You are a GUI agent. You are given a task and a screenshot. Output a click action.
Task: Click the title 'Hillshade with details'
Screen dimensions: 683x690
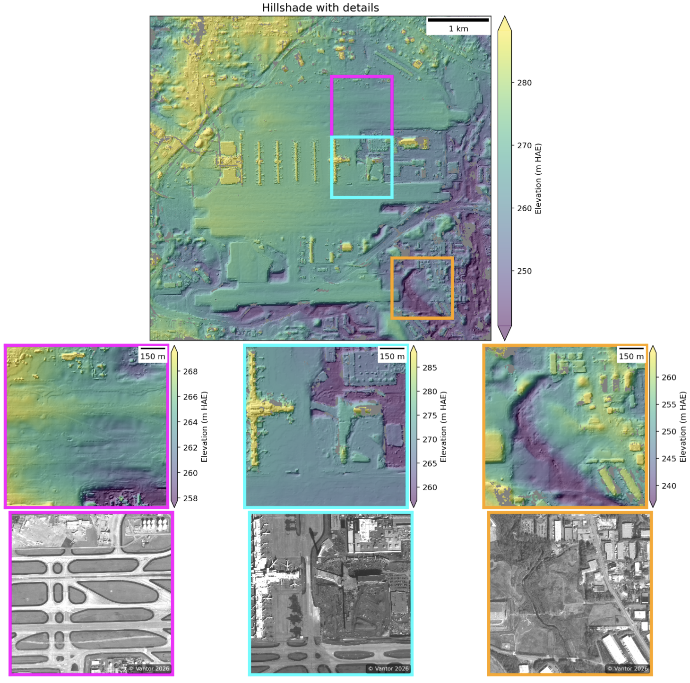[320, 8]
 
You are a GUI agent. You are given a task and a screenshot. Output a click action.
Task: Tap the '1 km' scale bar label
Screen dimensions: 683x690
[458, 29]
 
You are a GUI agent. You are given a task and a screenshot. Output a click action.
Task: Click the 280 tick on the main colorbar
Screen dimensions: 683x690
[524, 83]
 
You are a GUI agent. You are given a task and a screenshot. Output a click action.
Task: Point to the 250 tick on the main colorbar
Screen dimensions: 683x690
[524, 271]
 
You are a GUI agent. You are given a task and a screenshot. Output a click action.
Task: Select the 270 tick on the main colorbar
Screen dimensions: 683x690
[524, 145]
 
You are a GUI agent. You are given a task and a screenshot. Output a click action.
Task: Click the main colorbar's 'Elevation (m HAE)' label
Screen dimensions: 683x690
[538, 179]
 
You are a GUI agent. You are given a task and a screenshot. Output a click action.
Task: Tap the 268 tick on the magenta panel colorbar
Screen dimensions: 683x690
[190, 371]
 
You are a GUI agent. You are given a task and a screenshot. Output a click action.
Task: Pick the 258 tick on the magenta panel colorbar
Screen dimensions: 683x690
[190, 498]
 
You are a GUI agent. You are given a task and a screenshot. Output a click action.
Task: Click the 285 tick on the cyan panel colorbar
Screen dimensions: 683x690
[430, 367]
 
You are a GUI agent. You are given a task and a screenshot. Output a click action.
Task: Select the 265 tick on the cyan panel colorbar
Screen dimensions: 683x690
[430, 463]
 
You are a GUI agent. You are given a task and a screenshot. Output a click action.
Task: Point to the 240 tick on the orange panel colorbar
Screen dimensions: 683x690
[669, 486]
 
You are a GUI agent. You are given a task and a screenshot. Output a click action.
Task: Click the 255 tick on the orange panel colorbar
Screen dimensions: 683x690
[669, 404]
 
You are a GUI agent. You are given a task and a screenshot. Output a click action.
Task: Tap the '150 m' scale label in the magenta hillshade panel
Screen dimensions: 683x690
[153, 357]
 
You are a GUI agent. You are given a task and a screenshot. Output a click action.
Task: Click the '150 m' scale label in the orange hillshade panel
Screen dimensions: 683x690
[631, 357]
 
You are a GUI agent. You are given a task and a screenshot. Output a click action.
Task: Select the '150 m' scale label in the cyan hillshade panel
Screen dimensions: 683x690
[392, 357]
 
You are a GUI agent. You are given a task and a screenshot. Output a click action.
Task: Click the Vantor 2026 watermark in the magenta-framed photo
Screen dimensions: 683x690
[149, 669]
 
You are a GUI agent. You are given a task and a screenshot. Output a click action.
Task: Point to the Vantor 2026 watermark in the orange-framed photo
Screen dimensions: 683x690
[628, 669]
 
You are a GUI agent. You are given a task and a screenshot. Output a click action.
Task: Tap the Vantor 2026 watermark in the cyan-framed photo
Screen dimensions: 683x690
[388, 669]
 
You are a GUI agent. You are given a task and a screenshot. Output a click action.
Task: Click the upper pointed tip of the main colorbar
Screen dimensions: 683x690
[505, 17]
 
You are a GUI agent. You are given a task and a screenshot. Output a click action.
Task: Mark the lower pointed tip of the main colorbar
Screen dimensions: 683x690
[505, 339]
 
